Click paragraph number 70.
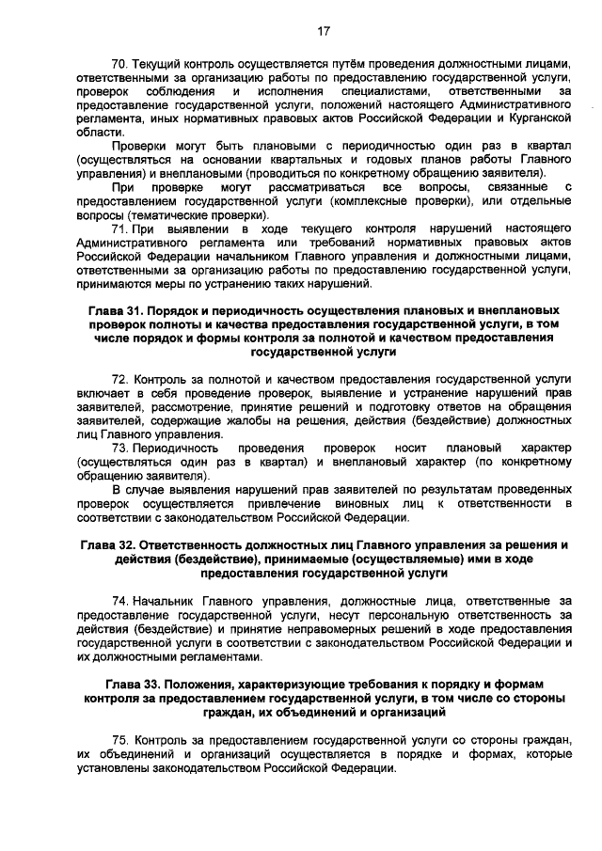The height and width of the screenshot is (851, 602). tap(119, 63)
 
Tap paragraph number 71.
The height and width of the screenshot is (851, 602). tap(119, 229)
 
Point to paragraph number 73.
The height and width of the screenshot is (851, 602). tap(119, 448)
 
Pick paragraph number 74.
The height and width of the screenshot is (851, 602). tap(119, 599)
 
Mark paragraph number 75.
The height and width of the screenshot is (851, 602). tap(119, 741)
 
